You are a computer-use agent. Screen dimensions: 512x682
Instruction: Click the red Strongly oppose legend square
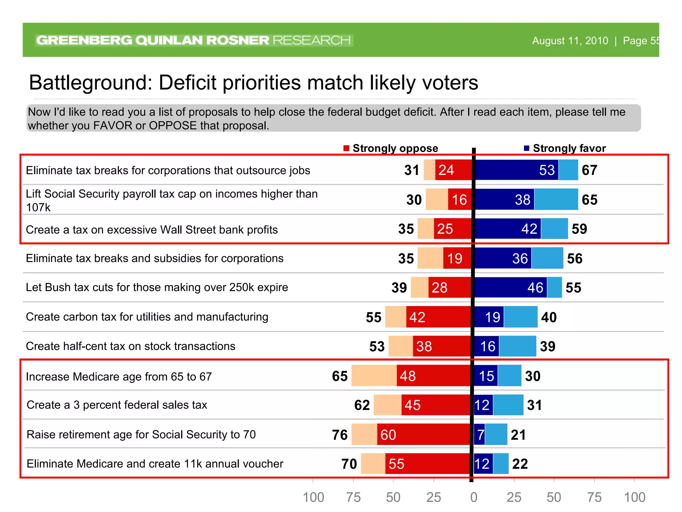click(x=346, y=148)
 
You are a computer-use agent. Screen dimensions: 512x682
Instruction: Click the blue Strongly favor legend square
click(x=526, y=148)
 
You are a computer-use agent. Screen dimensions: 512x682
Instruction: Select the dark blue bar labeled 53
click(x=516, y=170)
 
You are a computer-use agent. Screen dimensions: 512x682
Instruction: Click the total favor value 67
click(x=589, y=170)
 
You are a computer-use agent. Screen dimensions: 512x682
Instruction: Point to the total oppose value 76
click(x=340, y=435)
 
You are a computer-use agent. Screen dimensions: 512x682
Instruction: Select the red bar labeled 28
click(x=450, y=287)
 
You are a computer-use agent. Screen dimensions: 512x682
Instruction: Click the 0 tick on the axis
click(x=474, y=497)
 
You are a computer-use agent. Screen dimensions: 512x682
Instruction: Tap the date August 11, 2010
click(x=570, y=41)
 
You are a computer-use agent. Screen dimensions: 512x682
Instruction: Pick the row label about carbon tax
click(x=147, y=317)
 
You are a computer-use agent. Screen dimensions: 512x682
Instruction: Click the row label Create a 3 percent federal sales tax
click(x=117, y=405)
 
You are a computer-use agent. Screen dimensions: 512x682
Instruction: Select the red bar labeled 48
click(x=433, y=376)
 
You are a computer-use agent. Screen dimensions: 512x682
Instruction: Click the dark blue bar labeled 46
click(x=511, y=287)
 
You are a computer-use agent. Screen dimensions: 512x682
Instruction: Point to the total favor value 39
click(x=547, y=346)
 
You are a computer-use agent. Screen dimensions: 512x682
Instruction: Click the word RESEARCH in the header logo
click(x=311, y=40)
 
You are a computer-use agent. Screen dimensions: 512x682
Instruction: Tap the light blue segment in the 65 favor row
click(x=556, y=199)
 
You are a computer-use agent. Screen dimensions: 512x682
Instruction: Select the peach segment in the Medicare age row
click(x=374, y=376)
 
